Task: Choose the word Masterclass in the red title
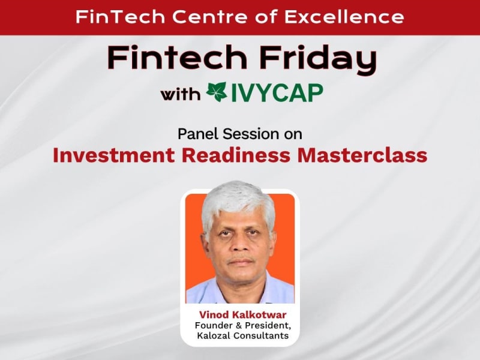[368, 155]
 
